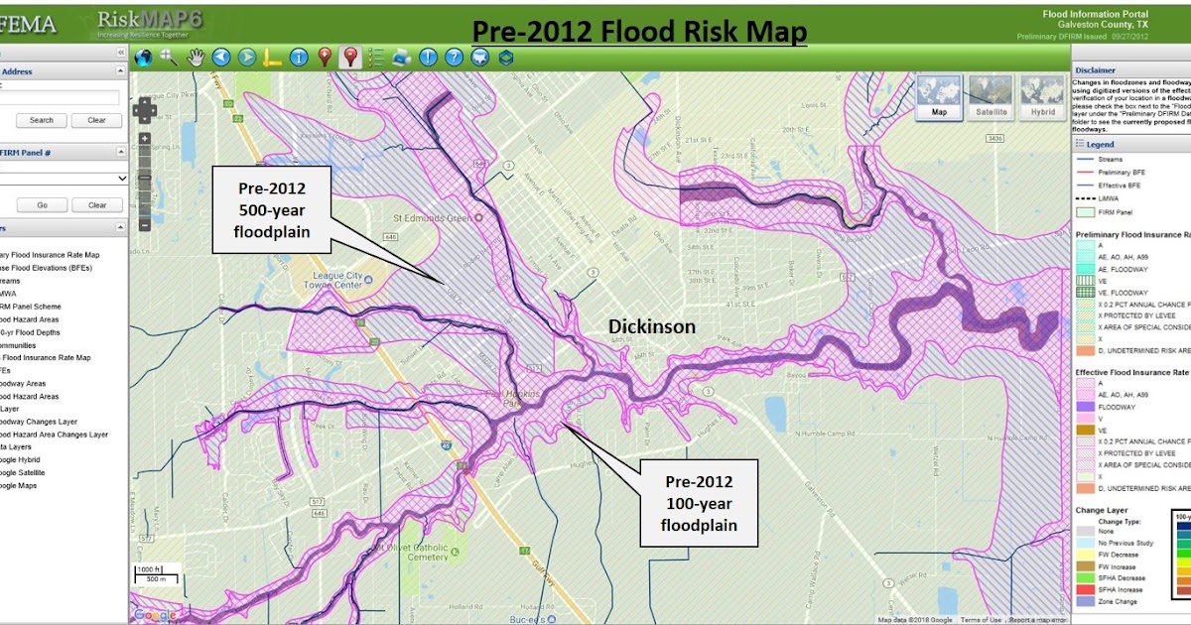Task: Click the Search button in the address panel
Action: (42, 120)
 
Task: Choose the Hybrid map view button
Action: (1043, 96)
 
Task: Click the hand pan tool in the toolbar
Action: (195, 58)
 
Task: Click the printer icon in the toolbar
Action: (402, 58)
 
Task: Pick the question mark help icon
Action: (454, 58)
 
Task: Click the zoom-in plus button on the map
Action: (145, 139)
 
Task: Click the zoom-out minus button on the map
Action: (145, 225)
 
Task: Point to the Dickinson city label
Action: (652, 326)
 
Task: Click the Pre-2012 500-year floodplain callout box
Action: (270, 210)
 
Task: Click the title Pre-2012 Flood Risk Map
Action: (639, 32)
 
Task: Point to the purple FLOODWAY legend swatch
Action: (1086, 407)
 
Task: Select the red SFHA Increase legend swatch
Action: (1086, 589)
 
